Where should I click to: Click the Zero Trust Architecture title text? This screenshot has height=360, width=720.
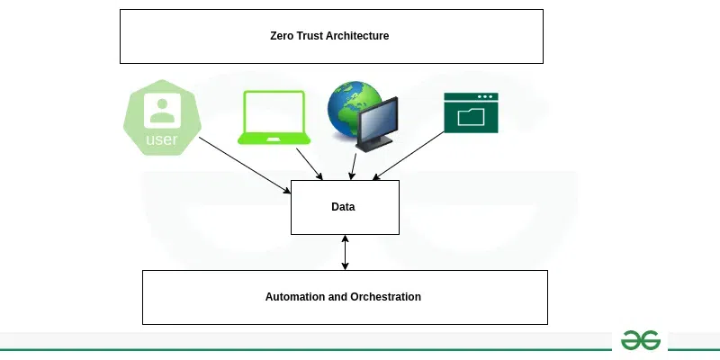point(329,36)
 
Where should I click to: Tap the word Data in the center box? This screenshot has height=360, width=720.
point(343,207)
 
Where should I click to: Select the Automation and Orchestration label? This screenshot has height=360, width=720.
point(343,296)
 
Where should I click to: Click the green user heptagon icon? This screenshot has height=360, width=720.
point(162,117)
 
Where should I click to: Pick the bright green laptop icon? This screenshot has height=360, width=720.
point(274,117)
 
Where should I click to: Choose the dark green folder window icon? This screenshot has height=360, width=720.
point(471,112)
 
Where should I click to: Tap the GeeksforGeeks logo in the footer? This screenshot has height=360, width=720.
point(640,340)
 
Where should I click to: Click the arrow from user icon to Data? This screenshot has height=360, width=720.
point(243,164)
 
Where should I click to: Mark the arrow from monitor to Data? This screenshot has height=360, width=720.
point(354,166)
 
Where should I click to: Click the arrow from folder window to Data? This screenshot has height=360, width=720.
point(409,156)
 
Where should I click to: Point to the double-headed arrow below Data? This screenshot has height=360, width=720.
point(345,252)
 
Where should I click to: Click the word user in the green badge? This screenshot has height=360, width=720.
point(162,139)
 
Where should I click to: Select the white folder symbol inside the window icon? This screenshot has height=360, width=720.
point(471,117)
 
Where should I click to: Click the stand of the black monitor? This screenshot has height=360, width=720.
point(372,143)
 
